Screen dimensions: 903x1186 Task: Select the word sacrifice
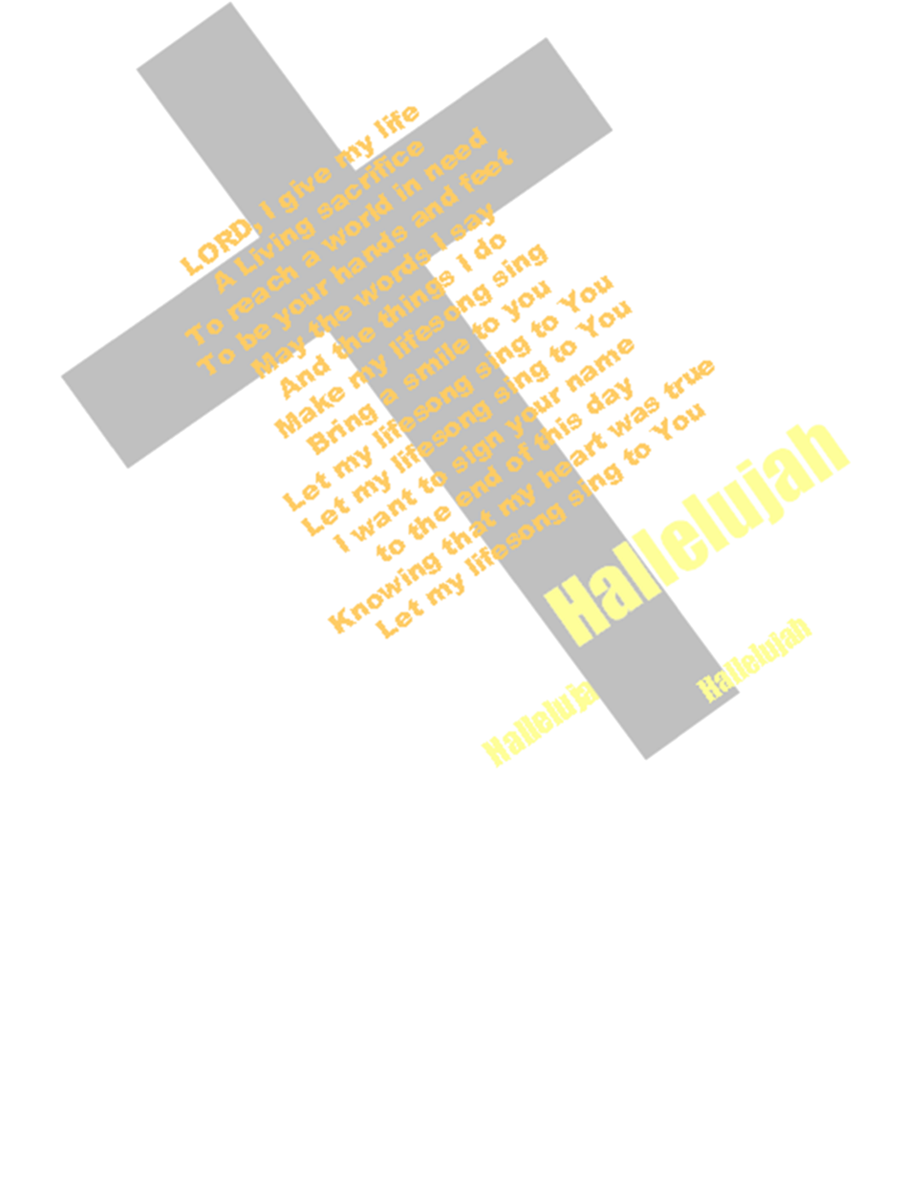pos(371,180)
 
